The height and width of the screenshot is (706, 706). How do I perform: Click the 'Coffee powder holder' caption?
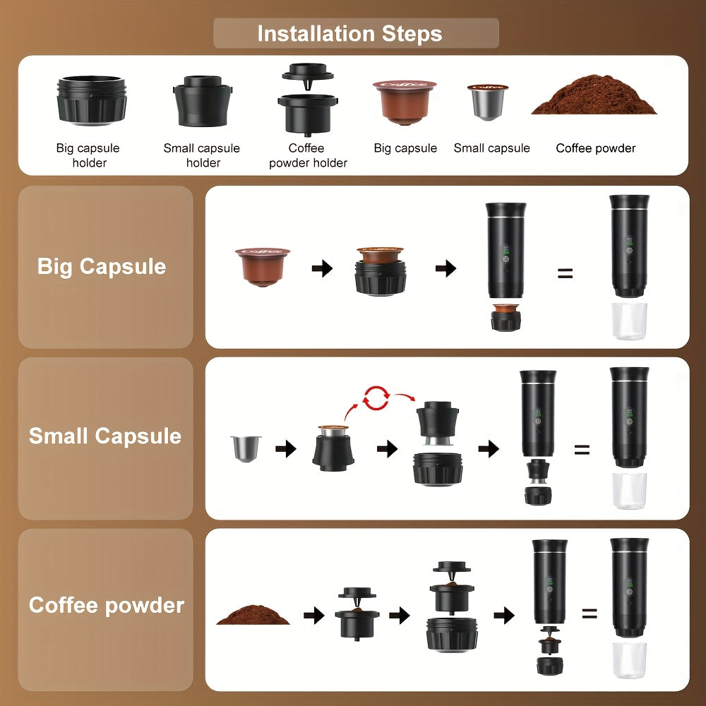click(x=308, y=155)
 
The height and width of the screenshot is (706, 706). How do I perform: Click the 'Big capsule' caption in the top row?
click(x=405, y=148)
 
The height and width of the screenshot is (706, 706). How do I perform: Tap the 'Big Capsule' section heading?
click(x=102, y=267)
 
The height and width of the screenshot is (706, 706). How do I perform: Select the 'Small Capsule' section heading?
click(x=105, y=436)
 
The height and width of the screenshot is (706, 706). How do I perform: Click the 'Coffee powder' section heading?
click(x=107, y=605)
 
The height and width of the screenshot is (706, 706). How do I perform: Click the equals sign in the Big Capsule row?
click(x=565, y=273)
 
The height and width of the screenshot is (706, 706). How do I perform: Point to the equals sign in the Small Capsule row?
click(x=581, y=449)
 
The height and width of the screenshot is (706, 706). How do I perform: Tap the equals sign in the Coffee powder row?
click(x=590, y=614)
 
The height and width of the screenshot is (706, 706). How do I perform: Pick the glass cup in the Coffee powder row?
click(x=630, y=660)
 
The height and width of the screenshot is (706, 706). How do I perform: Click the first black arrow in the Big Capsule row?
click(x=322, y=268)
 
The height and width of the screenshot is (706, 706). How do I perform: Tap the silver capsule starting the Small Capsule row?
click(x=246, y=448)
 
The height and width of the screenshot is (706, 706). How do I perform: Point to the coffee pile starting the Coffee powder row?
click(x=253, y=614)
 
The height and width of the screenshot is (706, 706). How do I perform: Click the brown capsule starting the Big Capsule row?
click(x=263, y=267)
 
